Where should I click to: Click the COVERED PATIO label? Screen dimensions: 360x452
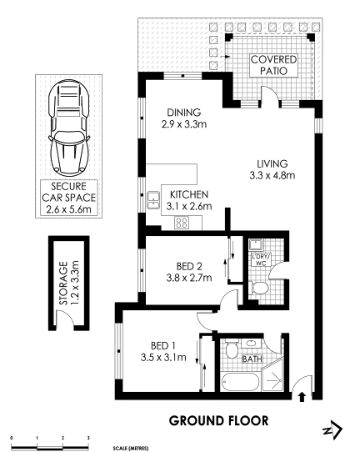[273, 65]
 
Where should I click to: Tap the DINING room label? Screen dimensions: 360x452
[184, 113]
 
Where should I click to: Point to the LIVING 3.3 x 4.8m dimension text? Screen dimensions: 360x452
[272, 175]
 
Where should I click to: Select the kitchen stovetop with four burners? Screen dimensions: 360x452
[182, 223]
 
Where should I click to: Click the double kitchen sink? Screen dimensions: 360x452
[153, 200]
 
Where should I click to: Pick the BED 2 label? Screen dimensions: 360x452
[189, 266]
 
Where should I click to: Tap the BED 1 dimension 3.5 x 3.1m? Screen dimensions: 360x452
[163, 358]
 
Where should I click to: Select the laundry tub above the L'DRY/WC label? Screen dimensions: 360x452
[255, 245]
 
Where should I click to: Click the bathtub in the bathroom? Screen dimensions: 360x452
[241, 382]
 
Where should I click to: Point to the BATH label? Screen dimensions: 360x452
[252, 359]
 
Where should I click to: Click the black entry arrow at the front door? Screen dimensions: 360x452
[302, 396]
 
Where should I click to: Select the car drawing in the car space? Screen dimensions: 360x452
[69, 127]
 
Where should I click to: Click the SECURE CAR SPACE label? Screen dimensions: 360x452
[69, 198]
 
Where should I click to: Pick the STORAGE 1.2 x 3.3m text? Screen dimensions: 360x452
[68, 283]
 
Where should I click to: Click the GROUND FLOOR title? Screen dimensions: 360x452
[218, 421]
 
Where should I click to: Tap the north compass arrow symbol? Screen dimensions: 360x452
[332, 429]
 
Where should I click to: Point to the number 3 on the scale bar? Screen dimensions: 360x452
[88, 438]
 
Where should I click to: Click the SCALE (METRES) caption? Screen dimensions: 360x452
[131, 449]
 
